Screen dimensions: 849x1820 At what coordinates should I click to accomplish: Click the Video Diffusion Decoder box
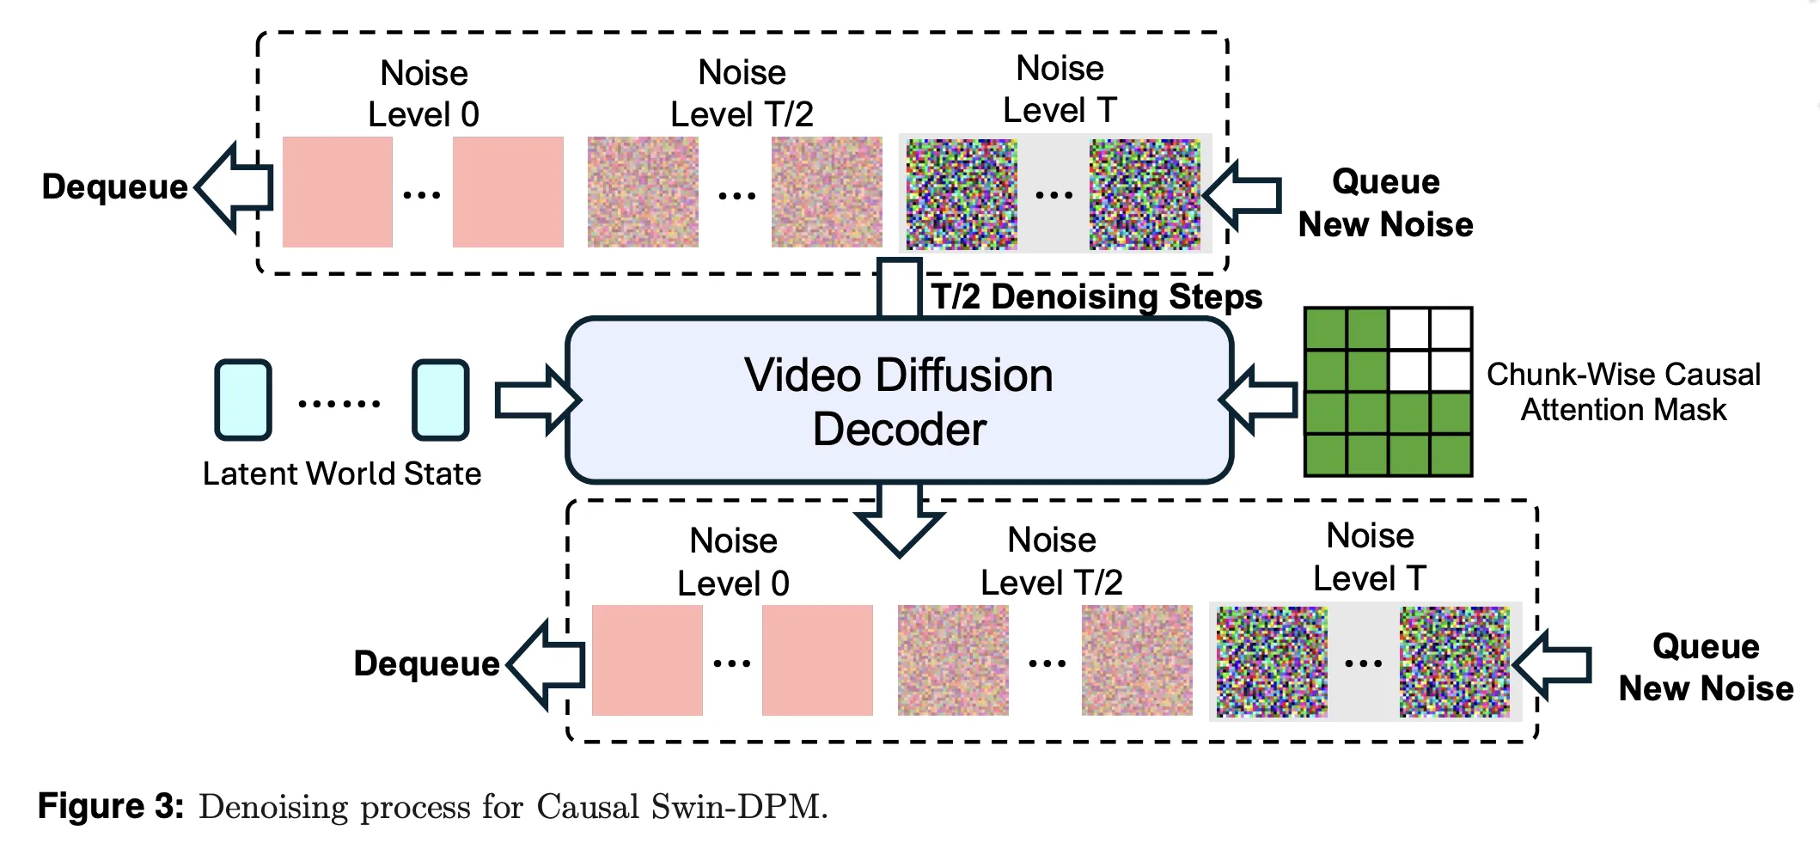pyautogui.click(x=899, y=400)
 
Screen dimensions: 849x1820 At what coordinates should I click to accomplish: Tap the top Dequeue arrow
pyautogui.click(x=234, y=187)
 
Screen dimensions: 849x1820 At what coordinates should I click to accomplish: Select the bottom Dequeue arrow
pyautogui.click(x=547, y=664)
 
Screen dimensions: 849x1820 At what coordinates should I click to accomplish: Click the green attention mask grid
pyautogui.click(x=1388, y=392)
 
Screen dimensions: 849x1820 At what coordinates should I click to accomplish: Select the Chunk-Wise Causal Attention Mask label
pyautogui.click(x=1623, y=392)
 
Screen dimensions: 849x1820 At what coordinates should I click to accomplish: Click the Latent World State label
pyautogui.click(x=342, y=473)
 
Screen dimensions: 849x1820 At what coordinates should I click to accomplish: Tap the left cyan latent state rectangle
pyautogui.click(x=243, y=400)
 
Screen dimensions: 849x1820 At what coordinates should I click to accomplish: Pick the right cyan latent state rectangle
pyautogui.click(x=441, y=400)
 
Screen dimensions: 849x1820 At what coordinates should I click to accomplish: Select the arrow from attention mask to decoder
pyautogui.click(x=1259, y=400)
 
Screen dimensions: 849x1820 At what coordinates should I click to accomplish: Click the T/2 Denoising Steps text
pyautogui.click(x=1096, y=296)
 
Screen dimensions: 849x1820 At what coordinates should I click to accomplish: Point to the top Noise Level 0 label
pyautogui.click(x=424, y=94)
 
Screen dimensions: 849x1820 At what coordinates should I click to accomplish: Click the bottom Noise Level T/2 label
pyautogui.click(x=1052, y=561)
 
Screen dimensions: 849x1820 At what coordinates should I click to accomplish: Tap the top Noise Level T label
pyautogui.click(x=1060, y=89)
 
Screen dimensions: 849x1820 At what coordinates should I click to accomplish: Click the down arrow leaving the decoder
pyautogui.click(x=900, y=520)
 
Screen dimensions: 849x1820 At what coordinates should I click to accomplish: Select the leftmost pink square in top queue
pyautogui.click(x=338, y=192)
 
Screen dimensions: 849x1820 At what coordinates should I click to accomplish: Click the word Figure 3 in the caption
pyautogui.click(x=111, y=807)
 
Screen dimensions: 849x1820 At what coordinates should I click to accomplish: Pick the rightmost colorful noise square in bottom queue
pyautogui.click(x=1454, y=662)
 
